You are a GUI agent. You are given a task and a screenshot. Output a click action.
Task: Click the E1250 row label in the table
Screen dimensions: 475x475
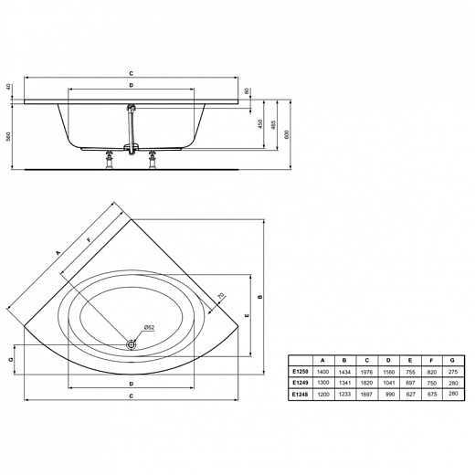299,372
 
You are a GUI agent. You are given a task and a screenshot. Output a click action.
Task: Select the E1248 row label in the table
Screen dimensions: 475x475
299,394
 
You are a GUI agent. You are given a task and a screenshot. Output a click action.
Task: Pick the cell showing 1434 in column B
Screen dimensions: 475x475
343,372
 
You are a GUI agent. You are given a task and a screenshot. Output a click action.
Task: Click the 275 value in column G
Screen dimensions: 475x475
453,372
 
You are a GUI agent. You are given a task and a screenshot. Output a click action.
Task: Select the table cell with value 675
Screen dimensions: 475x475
431,394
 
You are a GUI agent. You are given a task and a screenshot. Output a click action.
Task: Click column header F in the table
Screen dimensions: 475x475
431,360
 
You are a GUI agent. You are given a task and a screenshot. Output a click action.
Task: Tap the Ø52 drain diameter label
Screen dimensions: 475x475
149,328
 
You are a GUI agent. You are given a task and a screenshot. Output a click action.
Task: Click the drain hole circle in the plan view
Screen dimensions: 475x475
132,344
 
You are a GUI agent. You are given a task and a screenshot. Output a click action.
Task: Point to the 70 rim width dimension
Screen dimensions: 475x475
220,295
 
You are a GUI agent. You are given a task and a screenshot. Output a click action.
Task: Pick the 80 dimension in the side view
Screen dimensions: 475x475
248,90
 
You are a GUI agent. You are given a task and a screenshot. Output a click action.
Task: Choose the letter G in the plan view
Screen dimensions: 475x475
11,360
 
